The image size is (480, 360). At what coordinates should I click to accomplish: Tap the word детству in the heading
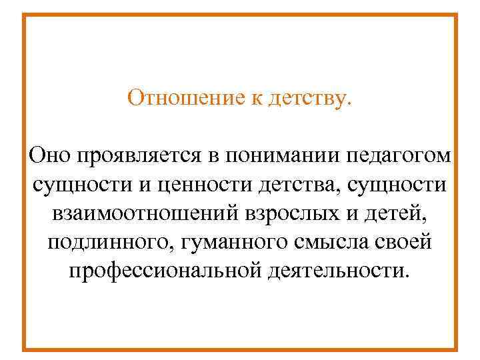click(x=305, y=99)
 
